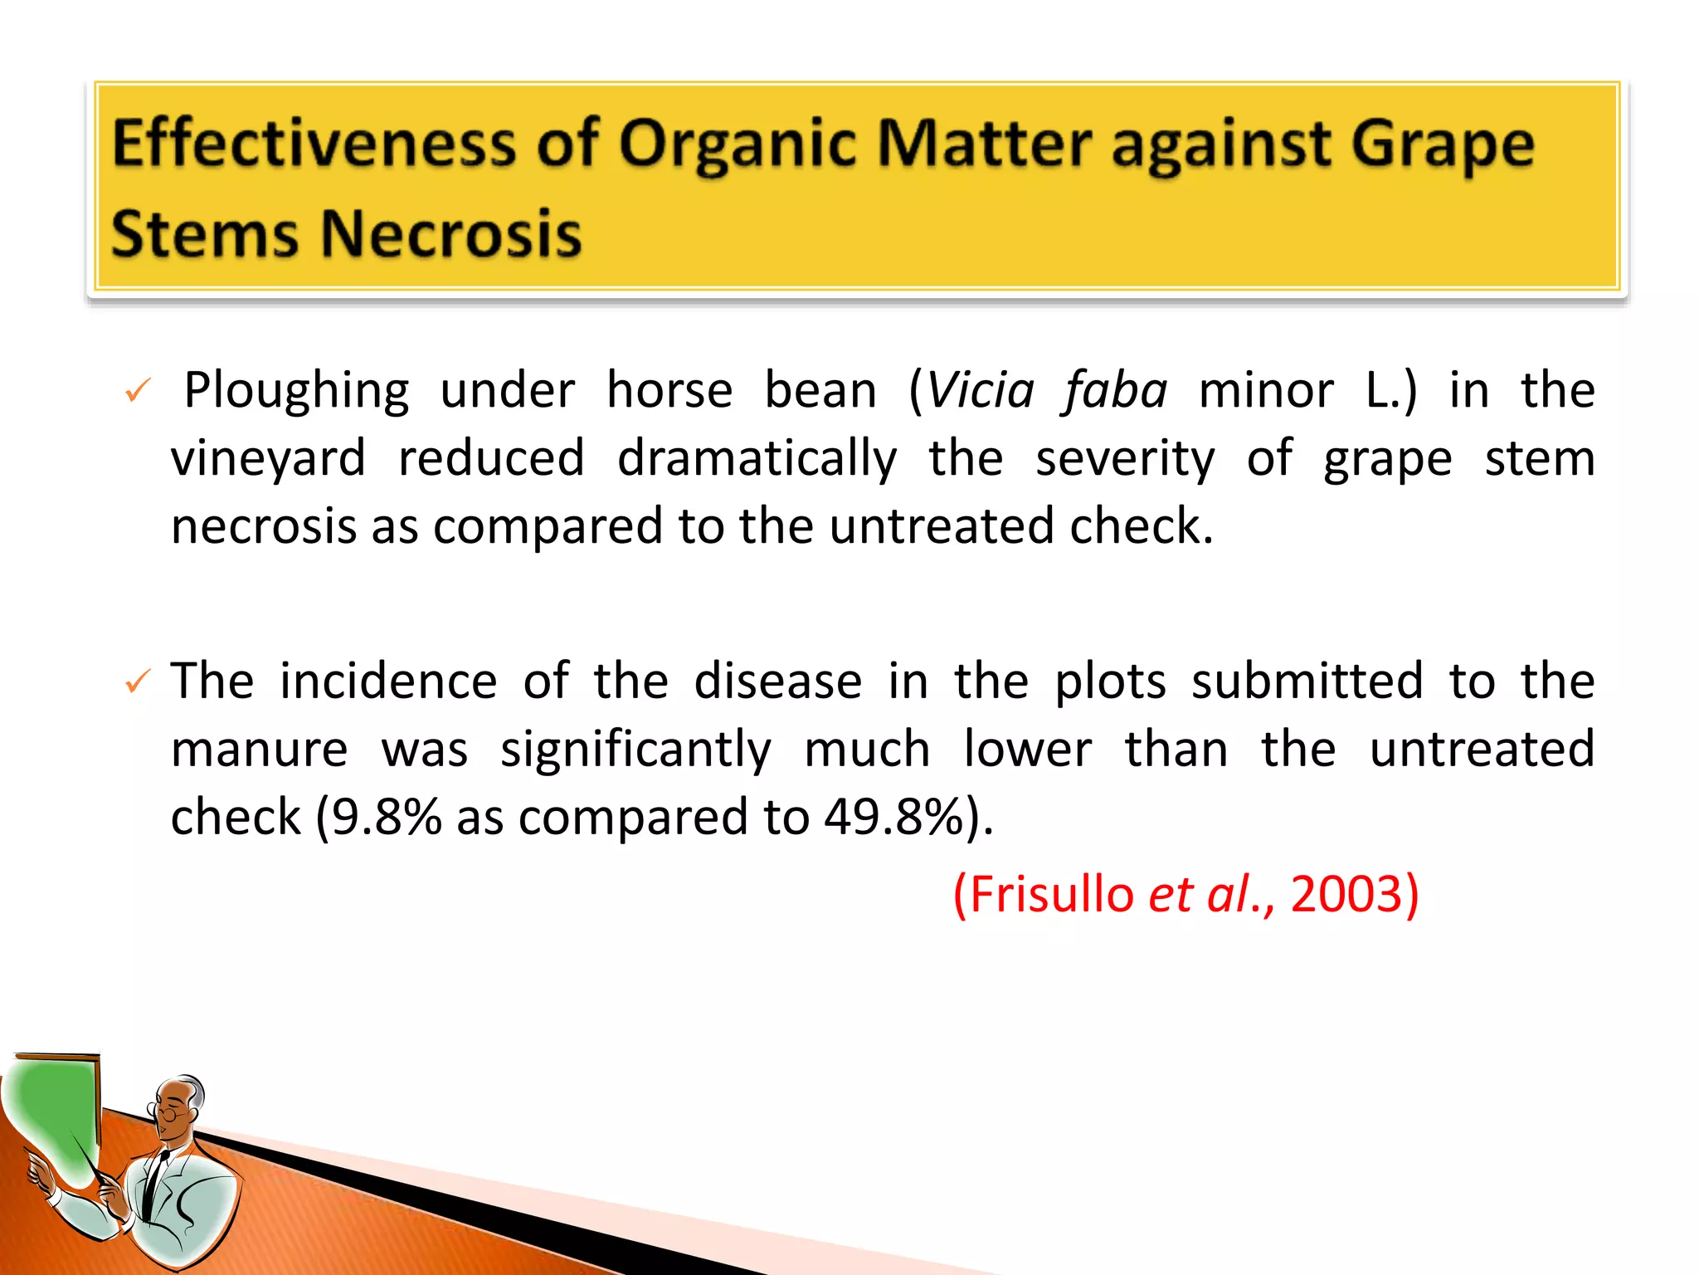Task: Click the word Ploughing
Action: [x=296, y=391]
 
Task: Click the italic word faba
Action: [x=1116, y=390]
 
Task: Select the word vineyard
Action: [x=268, y=459]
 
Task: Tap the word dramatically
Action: [x=757, y=459]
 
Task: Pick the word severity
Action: [x=1125, y=459]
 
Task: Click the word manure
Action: [x=259, y=750]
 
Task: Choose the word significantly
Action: [x=635, y=750]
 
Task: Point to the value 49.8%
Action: [x=893, y=818]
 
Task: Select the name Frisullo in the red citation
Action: [x=1051, y=895]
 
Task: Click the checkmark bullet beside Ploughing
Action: [x=137, y=391]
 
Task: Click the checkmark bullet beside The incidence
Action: [x=137, y=682]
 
